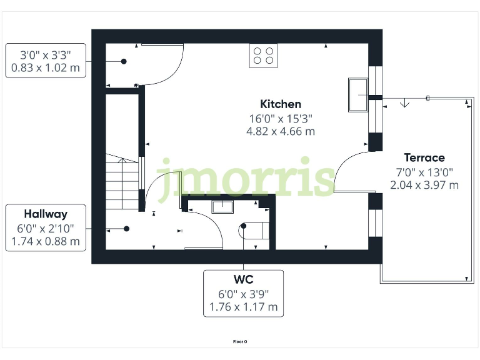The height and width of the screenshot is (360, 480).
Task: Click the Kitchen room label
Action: (x=281, y=104)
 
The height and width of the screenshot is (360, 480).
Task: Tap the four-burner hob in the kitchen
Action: (x=264, y=55)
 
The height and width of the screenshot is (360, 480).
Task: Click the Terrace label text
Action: (x=424, y=157)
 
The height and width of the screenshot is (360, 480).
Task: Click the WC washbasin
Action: (x=222, y=206)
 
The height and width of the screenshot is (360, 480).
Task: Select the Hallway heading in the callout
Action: (x=46, y=214)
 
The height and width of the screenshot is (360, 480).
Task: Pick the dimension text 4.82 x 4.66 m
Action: (x=281, y=131)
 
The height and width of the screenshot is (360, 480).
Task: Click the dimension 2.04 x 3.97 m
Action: (x=424, y=185)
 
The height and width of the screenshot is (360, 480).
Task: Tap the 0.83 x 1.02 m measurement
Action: (x=46, y=69)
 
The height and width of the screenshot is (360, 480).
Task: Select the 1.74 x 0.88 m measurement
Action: (x=46, y=242)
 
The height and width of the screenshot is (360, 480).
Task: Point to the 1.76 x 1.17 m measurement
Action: (x=243, y=307)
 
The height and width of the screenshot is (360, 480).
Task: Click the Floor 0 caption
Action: (x=240, y=342)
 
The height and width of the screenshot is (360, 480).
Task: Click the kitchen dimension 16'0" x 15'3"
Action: (x=281, y=118)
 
